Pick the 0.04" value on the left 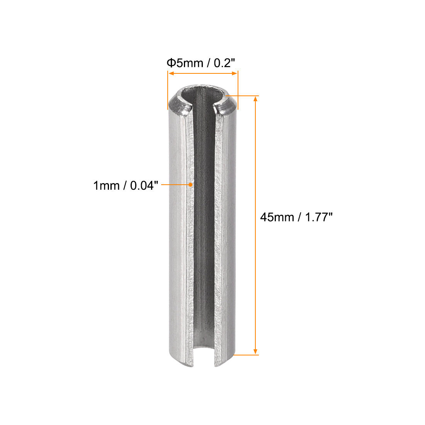coord(144,185)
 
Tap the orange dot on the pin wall coord(190,185)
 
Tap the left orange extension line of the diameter coord(168,89)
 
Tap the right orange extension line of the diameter coord(238,89)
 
